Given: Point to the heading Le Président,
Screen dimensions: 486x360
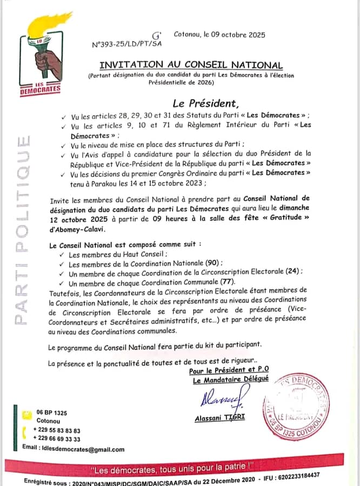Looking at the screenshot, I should point(205,103).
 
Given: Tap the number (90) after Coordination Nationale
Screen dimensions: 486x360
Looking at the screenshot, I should point(214,263).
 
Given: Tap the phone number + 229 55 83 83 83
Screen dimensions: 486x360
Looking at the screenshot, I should point(56,430).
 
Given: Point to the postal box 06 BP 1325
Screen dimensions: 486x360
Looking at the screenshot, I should point(52,413).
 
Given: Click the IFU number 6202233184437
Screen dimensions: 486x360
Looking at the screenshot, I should point(304,476).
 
